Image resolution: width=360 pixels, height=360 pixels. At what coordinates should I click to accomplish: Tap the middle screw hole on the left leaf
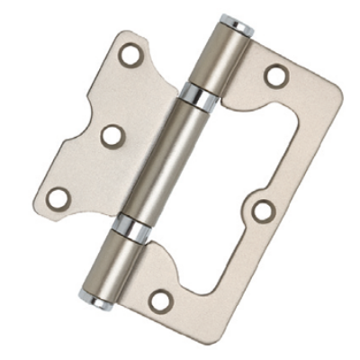(112, 135)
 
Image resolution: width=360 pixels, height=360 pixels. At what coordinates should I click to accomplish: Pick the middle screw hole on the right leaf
(263, 210)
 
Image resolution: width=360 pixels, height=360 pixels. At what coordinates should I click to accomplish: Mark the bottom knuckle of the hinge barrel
(115, 263)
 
